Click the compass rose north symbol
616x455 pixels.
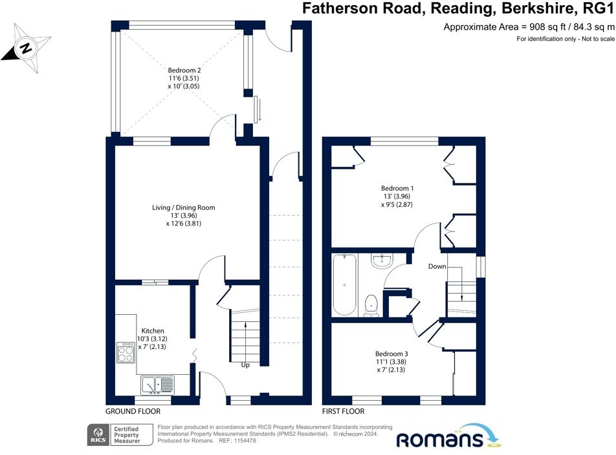pyautogui.click(x=26, y=48)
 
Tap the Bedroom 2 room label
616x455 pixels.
pyautogui.click(x=184, y=70)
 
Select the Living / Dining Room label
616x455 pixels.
pyautogui.click(x=184, y=207)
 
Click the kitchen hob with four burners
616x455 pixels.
pyautogui.click(x=126, y=352)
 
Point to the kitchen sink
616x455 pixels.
pyautogui.click(x=157, y=385)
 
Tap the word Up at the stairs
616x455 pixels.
pyautogui.click(x=245, y=365)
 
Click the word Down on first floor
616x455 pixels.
pyautogui.click(x=437, y=266)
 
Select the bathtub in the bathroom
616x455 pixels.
pyautogui.click(x=344, y=285)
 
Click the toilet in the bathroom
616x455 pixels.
pyautogui.click(x=371, y=306)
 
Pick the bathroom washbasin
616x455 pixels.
pyautogui.click(x=382, y=261)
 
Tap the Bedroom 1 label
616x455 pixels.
pyautogui.click(x=397, y=188)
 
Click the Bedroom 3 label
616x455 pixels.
pyautogui.click(x=391, y=354)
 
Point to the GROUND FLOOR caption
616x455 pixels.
pyautogui.click(x=133, y=411)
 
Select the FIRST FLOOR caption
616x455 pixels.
pyautogui.click(x=343, y=411)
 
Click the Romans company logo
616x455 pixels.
pyautogui.click(x=448, y=436)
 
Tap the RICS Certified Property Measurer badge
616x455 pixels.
pyautogui.click(x=120, y=435)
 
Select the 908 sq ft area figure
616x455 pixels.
pyautogui.click(x=547, y=26)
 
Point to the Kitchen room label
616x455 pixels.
pyautogui.click(x=153, y=331)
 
